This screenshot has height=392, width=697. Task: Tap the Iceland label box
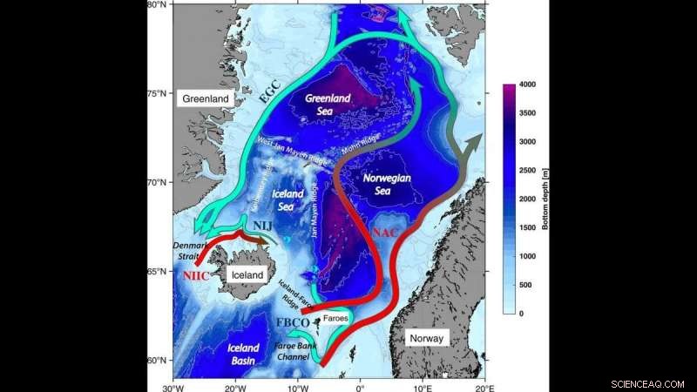[246, 274]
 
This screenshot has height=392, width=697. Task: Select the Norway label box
[427, 339]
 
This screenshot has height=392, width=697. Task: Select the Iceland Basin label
[243, 353]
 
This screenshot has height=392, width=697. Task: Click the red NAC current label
[383, 234]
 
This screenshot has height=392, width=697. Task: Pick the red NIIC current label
[196, 274]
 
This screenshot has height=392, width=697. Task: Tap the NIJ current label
[263, 227]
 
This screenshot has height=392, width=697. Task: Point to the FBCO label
[291, 323]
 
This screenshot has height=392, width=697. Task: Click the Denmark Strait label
[189, 252]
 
